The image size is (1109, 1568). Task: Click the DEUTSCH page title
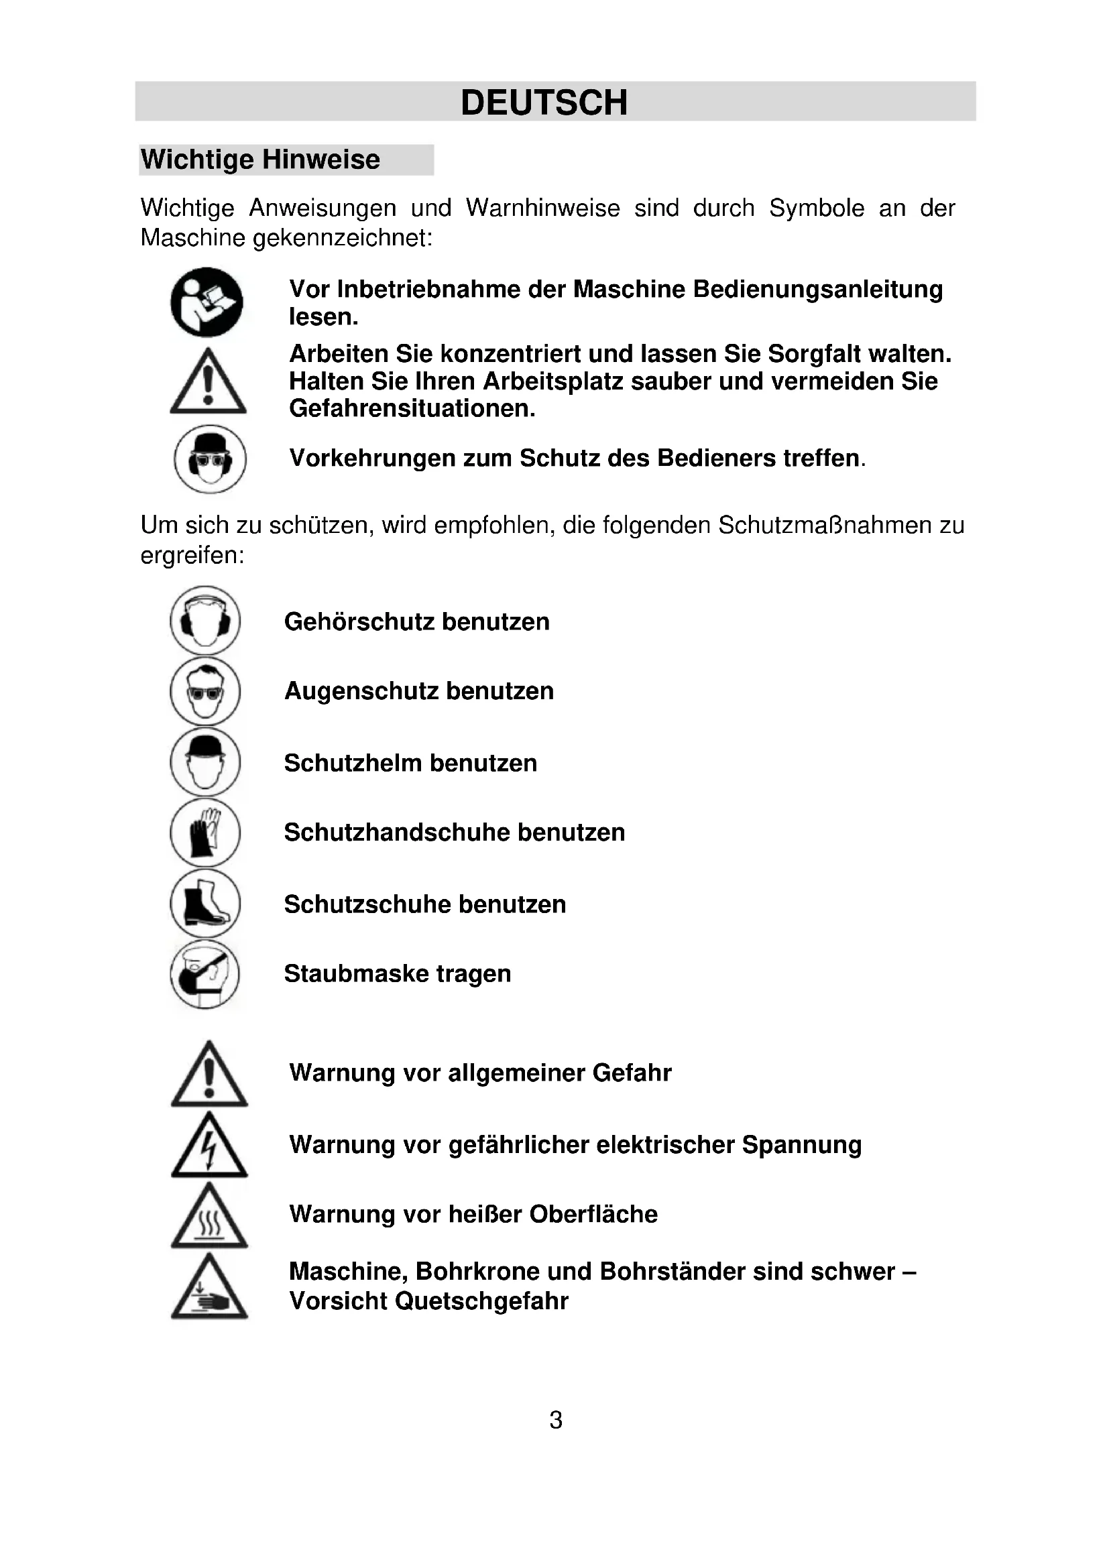click(544, 103)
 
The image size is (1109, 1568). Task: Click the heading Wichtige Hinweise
click(260, 160)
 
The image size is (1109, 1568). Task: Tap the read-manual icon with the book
click(207, 302)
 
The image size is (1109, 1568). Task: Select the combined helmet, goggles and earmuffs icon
click(210, 459)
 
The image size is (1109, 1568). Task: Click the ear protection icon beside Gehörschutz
click(205, 621)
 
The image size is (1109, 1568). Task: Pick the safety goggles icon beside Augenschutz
click(205, 691)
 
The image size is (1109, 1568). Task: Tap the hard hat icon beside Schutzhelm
click(205, 762)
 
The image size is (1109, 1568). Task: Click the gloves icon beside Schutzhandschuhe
click(205, 833)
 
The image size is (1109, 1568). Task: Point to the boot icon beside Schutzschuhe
click(205, 903)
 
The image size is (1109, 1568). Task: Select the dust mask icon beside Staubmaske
click(205, 974)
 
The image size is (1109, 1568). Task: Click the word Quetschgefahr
click(481, 1301)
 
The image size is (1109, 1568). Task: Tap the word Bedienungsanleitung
click(817, 290)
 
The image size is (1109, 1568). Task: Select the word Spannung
click(802, 1145)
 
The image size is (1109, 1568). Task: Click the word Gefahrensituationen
click(412, 408)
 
